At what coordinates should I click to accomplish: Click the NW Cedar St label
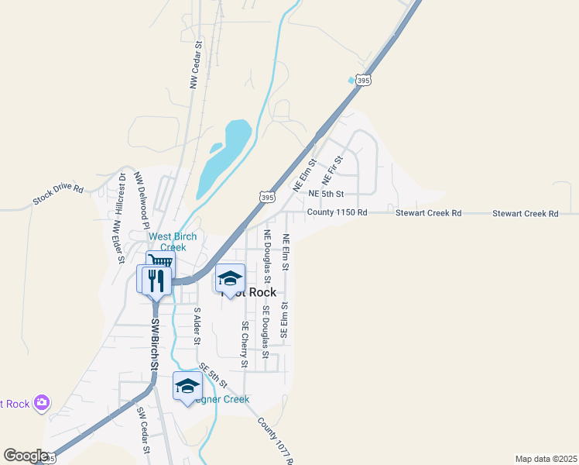(x=196, y=65)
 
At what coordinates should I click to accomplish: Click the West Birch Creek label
(x=173, y=242)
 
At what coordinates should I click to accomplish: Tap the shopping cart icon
(x=159, y=263)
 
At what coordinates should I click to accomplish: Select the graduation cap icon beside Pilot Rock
(x=230, y=277)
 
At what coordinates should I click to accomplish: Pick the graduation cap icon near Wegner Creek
(x=187, y=385)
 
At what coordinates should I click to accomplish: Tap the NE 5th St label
(x=325, y=193)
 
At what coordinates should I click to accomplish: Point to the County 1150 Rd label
(x=337, y=212)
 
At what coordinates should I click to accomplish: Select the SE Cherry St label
(x=245, y=345)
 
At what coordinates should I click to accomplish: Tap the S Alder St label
(x=197, y=326)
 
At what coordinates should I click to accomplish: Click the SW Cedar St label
(x=143, y=431)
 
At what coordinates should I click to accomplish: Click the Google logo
(x=25, y=456)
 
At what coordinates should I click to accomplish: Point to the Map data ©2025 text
(x=546, y=459)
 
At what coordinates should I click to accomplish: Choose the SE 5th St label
(x=213, y=375)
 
